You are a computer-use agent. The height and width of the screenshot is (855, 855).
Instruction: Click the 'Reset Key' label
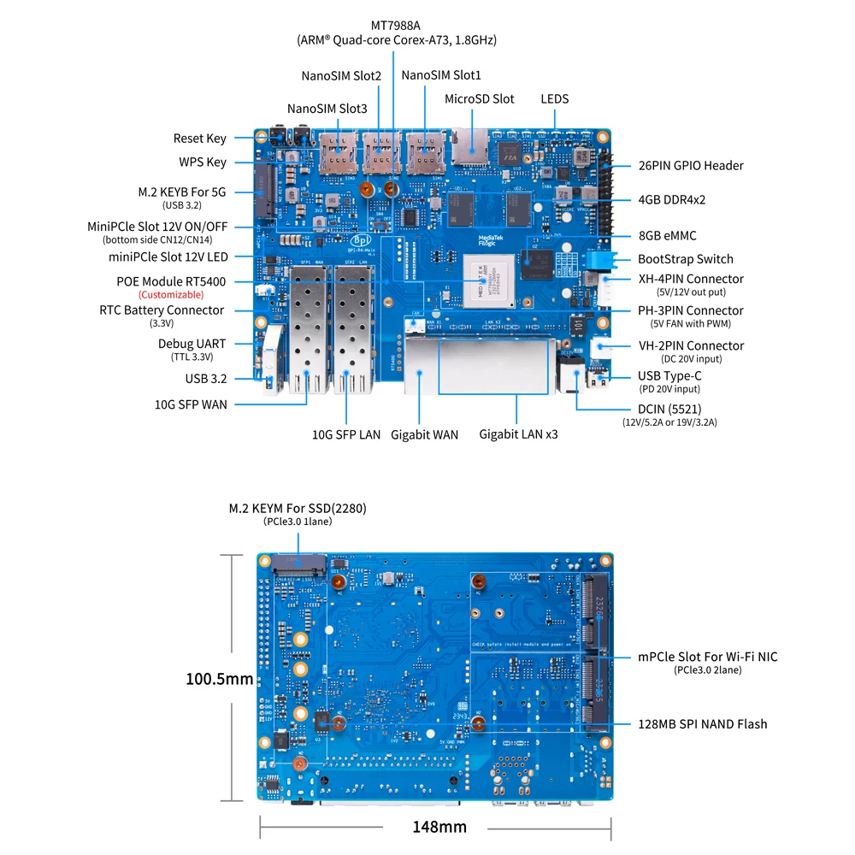click(x=199, y=139)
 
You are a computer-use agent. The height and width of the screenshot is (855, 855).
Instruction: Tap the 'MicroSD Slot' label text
click(x=479, y=99)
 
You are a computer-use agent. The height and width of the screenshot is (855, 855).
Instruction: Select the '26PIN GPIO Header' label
click(x=691, y=166)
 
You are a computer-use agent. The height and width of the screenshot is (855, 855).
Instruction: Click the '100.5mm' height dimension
click(x=220, y=680)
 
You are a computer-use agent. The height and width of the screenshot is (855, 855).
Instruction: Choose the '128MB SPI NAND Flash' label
click(x=703, y=724)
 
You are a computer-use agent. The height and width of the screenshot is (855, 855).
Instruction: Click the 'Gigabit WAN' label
click(x=425, y=435)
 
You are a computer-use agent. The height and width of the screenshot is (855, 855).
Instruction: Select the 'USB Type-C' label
click(x=669, y=376)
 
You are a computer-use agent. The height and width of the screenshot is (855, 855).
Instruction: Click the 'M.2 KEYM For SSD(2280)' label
click(x=298, y=508)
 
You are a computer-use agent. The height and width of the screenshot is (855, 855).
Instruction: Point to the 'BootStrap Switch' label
click(x=685, y=259)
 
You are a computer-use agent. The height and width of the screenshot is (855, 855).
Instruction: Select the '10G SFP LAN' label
click(x=346, y=435)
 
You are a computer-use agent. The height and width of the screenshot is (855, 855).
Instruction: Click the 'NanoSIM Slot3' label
click(x=327, y=109)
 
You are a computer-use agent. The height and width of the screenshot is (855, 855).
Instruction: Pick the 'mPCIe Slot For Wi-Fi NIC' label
click(x=708, y=657)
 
